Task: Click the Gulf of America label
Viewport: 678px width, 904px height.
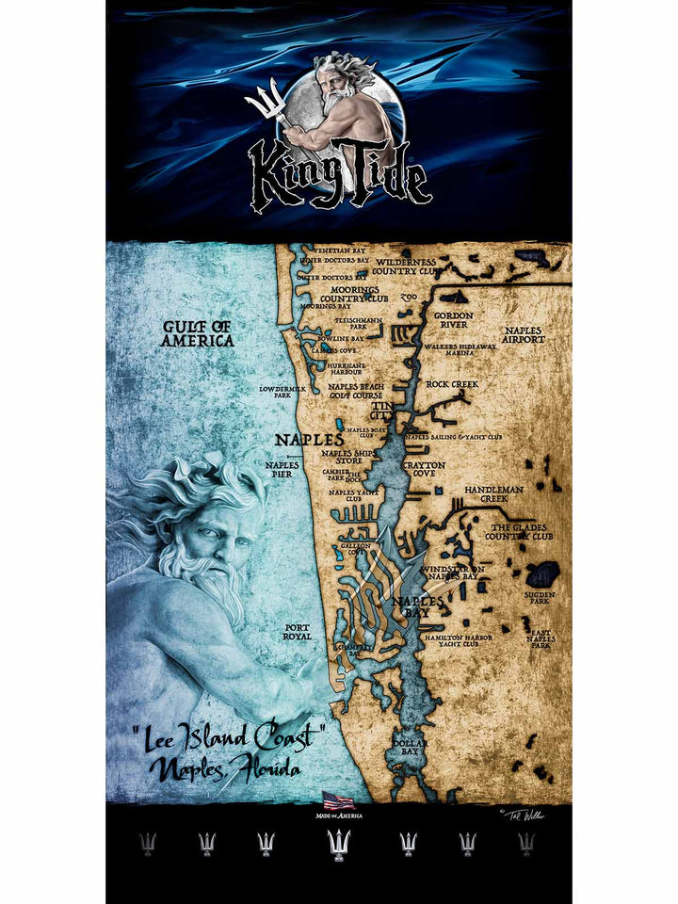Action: [x=197, y=333]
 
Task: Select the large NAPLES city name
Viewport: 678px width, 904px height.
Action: [x=309, y=440]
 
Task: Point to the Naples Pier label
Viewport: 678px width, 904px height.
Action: [x=282, y=470]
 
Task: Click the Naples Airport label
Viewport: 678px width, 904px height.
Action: [x=524, y=335]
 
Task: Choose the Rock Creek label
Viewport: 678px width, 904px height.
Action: [x=452, y=384]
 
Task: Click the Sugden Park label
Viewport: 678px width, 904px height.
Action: [x=541, y=597]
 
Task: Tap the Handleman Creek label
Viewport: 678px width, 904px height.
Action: [x=486, y=494]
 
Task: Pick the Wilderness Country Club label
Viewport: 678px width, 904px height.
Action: [x=406, y=266]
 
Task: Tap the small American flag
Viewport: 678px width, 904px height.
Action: [x=338, y=800]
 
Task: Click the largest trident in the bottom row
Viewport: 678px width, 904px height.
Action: [x=338, y=845]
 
